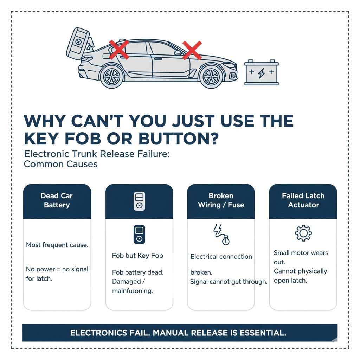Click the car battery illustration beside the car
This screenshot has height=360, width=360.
261,72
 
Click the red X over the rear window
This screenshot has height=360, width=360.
119,49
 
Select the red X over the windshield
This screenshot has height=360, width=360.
192,50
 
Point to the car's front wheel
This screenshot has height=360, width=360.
211,76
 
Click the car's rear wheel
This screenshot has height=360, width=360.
112,76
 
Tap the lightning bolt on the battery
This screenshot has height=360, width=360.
261,73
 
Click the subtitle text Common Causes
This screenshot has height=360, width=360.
60,164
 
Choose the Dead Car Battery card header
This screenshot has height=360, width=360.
57,200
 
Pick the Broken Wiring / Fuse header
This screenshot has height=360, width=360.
221,200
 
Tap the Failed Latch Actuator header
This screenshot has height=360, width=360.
303,200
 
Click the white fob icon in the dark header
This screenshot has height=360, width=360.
139,201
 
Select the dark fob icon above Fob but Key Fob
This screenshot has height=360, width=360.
139,234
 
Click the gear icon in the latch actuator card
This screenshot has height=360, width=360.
303,233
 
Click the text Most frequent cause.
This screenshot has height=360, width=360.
57,245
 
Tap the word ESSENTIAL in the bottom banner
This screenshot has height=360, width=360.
263,333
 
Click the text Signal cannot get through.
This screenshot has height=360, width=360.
229,282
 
